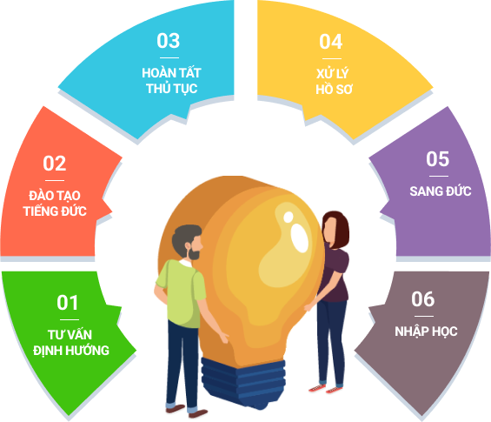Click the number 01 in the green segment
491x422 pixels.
pos(68,303)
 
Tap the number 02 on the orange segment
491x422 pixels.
pos(55,164)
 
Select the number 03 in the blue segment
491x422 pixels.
pos(169,41)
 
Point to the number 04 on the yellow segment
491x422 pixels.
pos(331,42)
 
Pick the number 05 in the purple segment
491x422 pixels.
pos(438,159)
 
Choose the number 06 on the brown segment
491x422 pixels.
pos(423,299)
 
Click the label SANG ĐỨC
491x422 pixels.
pos(441,191)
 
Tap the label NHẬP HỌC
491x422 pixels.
pos(426,332)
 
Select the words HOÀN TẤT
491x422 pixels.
pos(171,73)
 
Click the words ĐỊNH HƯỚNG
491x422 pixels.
pos(71,350)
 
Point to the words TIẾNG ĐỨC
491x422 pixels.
pos(55,211)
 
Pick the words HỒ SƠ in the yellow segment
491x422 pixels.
pos(334,90)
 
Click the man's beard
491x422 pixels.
pos(194,253)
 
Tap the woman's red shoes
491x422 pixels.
pos(326,389)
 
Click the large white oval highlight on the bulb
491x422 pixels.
pos(300,238)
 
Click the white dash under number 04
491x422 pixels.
pos(332,58)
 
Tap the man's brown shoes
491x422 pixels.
pos(187,411)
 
